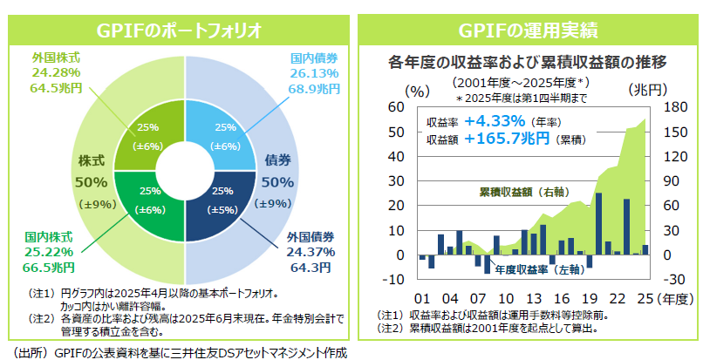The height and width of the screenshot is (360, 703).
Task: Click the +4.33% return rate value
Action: click(x=495, y=122)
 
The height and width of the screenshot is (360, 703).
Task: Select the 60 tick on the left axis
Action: click(x=396, y=107)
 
